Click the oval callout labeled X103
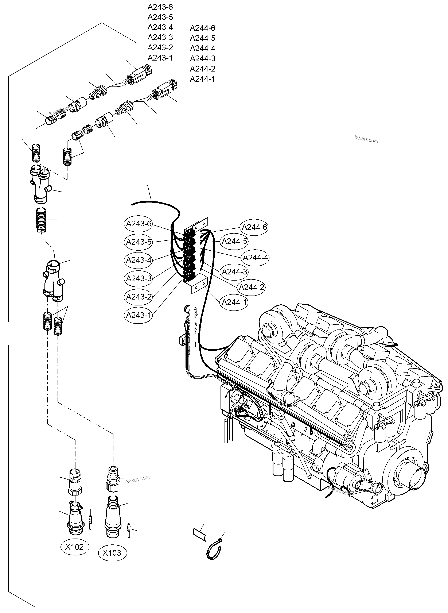tap(112, 553)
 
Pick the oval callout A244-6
tap(254, 227)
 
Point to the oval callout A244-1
tap(234, 302)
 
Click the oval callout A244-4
tap(255, 258)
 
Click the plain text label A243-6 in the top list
tap(160, 7)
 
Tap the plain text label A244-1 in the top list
tap(202, 79)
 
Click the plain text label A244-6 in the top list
tap(202, 28)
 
